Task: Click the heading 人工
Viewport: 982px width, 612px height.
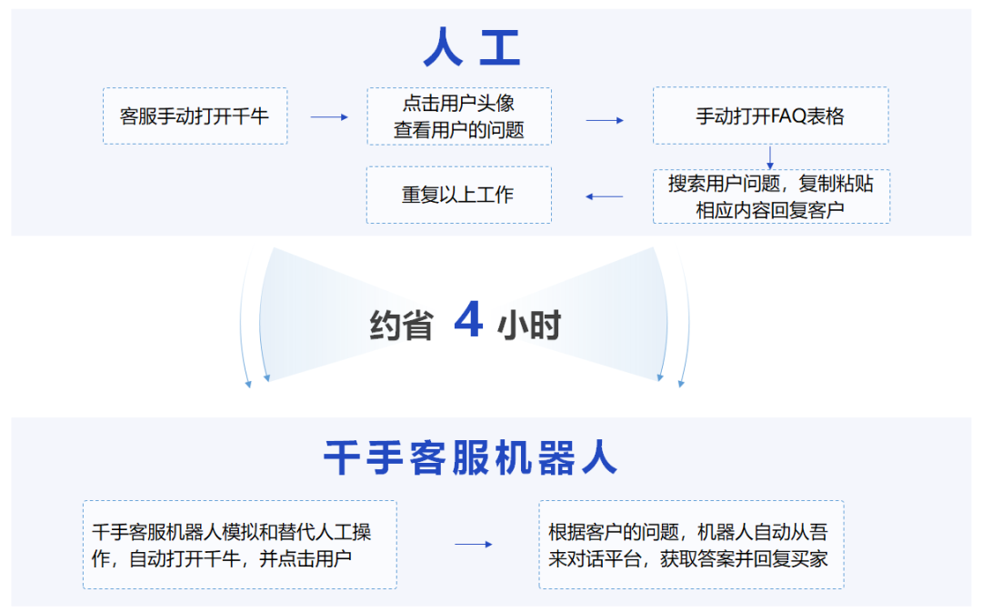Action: click(x=472, y=48)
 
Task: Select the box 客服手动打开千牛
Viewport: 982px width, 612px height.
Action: click(x=195, y=116)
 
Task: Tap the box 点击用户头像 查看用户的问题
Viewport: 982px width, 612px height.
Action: click(x=458, y=116)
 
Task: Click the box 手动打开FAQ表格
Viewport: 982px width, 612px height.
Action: click(x=770, y=116)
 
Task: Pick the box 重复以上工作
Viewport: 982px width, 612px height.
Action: click(x=458, y=195)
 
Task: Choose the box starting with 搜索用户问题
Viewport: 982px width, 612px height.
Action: click(x=770, y=196)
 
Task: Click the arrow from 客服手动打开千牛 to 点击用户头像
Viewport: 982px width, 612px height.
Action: click(x=328, y=117)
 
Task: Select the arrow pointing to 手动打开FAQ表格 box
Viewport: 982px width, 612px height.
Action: click(x=605, y=120)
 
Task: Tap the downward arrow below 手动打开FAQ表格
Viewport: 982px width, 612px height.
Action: click(x=770, y=156)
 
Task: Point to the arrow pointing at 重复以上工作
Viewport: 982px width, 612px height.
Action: click(x=605, y=196)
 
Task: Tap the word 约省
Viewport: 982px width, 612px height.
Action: click(x=401, y=325)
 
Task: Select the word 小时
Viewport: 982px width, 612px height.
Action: click(x=529, y=325)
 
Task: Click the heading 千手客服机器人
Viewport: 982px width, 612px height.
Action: click(x=470, y=459)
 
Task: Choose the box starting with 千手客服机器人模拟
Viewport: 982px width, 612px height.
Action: click(x=240, y=545)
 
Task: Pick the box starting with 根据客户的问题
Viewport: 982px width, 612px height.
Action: click(x=690, y=545)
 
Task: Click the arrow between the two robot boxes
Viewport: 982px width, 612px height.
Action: click(x=473, y=545)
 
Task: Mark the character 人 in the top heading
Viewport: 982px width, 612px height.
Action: click(x=443, y=48)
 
